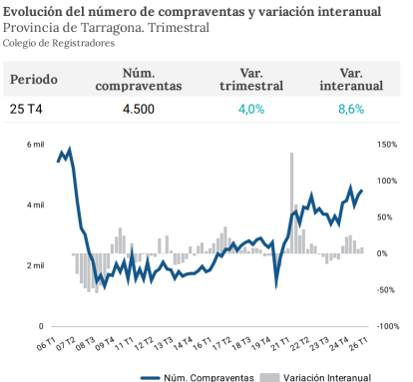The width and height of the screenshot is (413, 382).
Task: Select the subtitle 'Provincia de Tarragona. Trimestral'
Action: click(105, 27)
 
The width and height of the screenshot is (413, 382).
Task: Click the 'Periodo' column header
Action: click(34, 80)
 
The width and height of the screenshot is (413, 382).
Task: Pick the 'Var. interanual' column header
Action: click(350, 80)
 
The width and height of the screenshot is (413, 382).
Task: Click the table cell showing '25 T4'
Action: click(27, 109)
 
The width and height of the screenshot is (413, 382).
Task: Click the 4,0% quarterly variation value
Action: click(250, 109)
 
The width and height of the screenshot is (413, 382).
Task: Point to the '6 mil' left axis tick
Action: click(34, 145)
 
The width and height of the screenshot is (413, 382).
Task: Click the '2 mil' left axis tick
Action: click(34, 265)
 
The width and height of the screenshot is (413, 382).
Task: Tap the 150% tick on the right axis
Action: click(388, 145)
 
